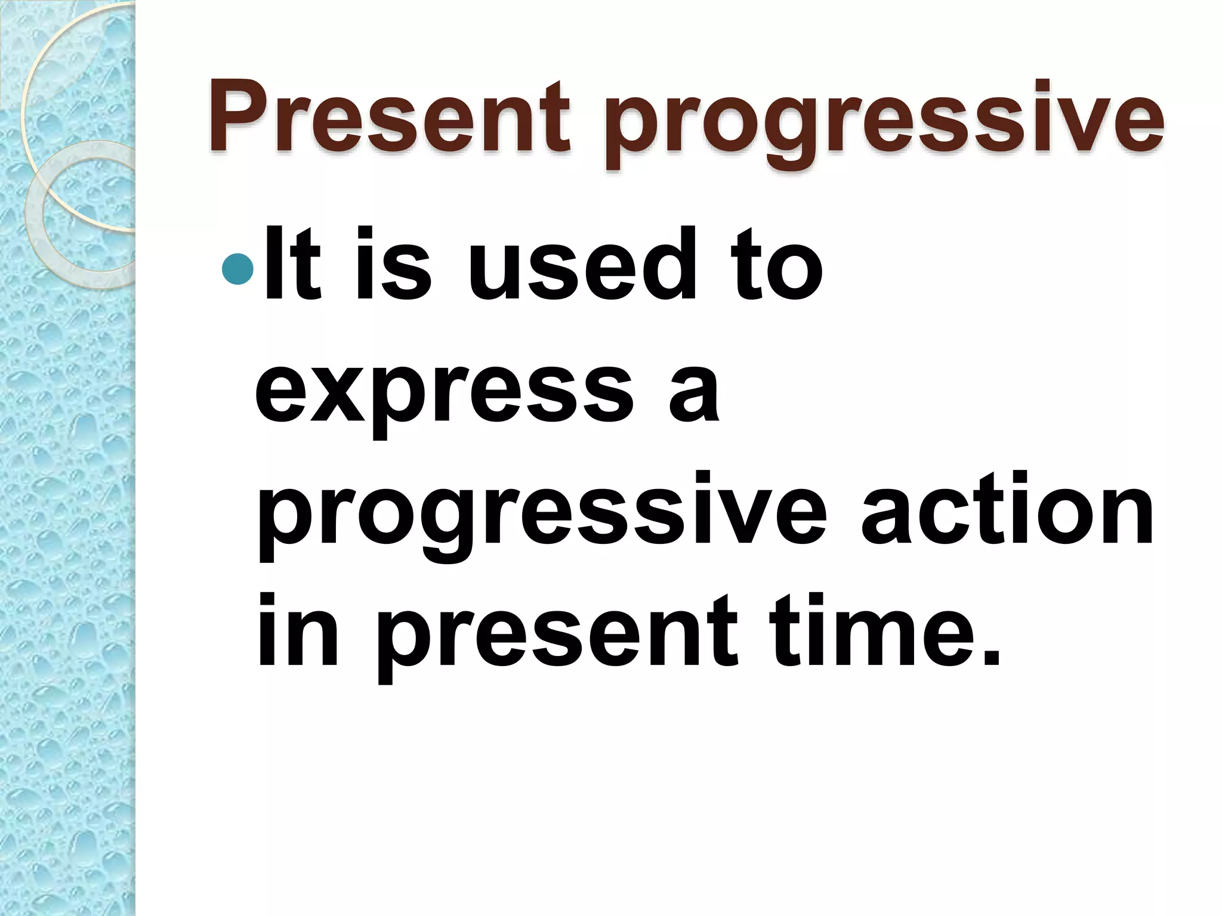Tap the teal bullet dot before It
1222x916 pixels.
pyautogui.click(x=237, y=268)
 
